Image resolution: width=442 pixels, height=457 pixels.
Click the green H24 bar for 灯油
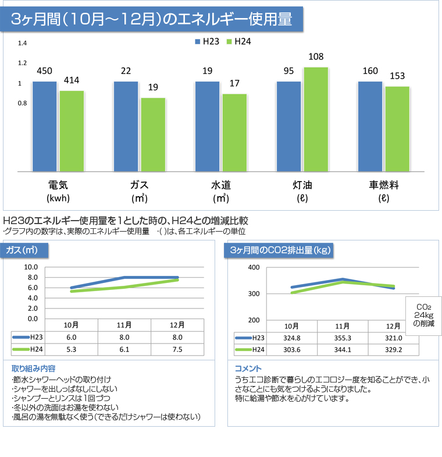316,119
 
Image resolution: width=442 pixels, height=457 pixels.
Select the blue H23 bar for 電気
45,126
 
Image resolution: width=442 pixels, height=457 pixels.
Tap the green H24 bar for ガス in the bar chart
153,134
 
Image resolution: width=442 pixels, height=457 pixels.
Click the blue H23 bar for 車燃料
370,126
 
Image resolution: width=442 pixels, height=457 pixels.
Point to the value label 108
316,57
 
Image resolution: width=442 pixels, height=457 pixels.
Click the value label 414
72,80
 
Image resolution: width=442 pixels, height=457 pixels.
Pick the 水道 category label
221,186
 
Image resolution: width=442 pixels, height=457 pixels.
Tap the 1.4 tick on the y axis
23,44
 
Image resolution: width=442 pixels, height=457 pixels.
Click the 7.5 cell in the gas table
177,350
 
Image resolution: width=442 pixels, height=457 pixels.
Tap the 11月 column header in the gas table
124,325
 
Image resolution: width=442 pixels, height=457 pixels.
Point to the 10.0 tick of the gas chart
31,267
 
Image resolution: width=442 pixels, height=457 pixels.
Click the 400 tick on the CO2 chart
254,267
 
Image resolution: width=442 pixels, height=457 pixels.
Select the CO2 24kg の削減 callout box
423,315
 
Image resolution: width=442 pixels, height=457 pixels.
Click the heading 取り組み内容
34,369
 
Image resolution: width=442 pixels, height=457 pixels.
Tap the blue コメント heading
248,369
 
